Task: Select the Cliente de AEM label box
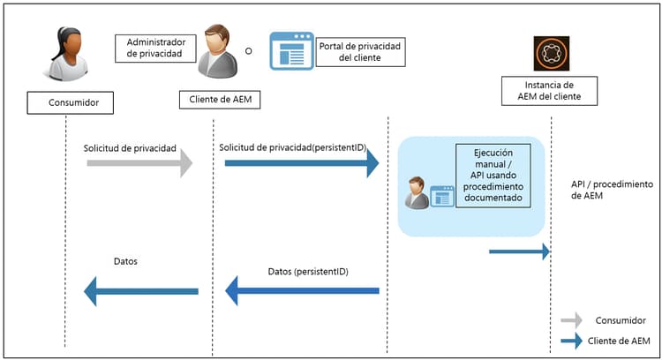(221, 99)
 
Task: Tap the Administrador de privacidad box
(152, 49)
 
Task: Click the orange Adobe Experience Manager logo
(552, 53)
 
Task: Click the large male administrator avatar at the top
(216, 53)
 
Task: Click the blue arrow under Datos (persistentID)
(302, 290)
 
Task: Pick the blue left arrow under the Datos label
(140, 290)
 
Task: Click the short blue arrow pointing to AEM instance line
(520, 251)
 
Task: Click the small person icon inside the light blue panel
(417, 193)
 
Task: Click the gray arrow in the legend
(572, 320)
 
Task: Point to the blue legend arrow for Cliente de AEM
(572, 341)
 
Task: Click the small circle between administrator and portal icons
(249, 51)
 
